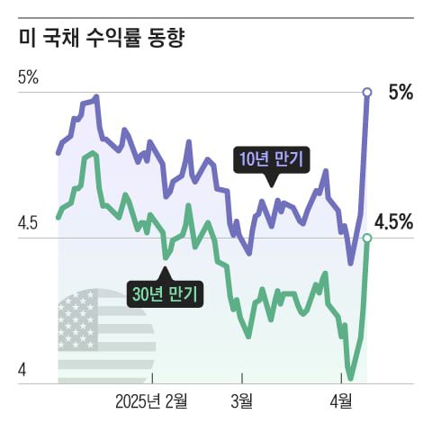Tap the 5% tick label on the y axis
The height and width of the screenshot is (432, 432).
tap(28, 77)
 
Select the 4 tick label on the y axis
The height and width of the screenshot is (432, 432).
tap(23, 370)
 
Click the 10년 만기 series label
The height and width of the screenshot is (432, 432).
tap(270, 160)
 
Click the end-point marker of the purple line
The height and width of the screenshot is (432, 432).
tap(366, 92)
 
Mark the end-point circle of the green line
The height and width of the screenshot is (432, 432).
tap(366, 238)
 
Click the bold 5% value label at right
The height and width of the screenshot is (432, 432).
tap(400, 92)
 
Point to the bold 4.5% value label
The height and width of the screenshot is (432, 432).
tap(393, 221)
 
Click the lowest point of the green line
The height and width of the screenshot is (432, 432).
tap(350, 379)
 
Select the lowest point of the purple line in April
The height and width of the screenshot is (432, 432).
tap(351, 264)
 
